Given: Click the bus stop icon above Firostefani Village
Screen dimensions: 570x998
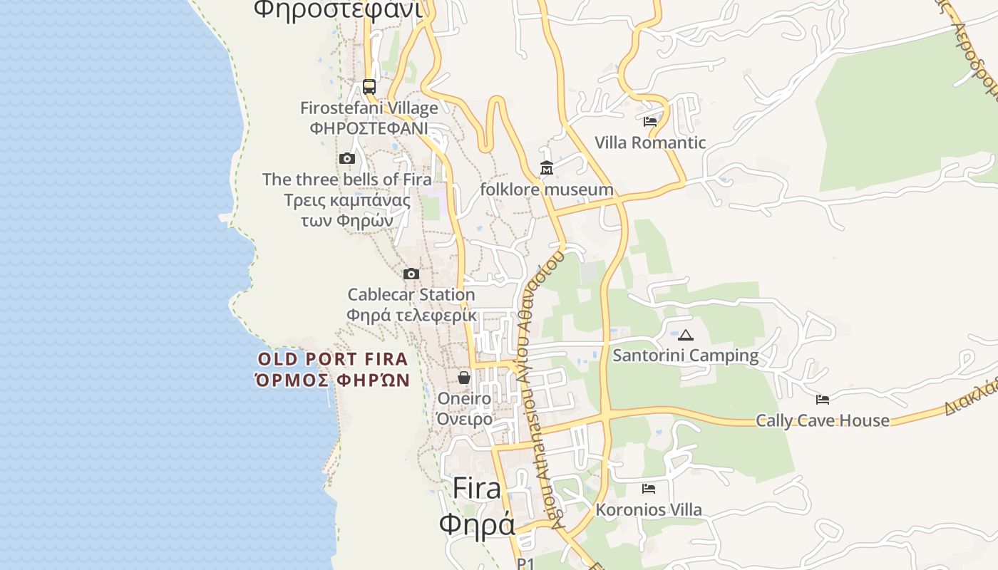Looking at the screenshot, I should click(x=369, y=87).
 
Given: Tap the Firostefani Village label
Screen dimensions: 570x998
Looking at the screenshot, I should click(x=369, y=108).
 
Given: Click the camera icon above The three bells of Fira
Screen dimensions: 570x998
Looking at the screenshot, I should click(x=347, y=158).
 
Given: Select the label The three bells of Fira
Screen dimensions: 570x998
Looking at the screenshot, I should click(x=347, y=180).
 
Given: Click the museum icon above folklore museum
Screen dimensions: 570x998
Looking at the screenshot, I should click(x=547, y=168).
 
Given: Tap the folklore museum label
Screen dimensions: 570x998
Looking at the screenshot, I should click(x=547, y=190).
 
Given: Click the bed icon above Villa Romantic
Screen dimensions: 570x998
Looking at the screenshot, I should click(x=650, y=122).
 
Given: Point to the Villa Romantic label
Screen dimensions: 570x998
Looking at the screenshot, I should click(x=650, y=142).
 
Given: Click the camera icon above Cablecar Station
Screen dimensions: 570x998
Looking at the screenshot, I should click(x=411, y=274).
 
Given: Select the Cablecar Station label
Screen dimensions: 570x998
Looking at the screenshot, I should click(x=411, y=295).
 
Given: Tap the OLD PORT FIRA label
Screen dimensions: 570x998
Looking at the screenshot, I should click(x=333, y=359).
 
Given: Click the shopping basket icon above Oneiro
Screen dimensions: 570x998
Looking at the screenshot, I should click(x=464, y=378).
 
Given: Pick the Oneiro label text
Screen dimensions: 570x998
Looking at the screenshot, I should click(x=464, y=398).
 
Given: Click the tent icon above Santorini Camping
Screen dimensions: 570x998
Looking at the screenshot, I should click(x=686, y=335).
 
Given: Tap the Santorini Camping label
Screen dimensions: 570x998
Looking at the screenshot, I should click(x=686, y=355).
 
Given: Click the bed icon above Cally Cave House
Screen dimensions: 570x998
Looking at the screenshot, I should click(x=823, y=400).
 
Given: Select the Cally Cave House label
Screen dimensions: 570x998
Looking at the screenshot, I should click(x=823, y=420).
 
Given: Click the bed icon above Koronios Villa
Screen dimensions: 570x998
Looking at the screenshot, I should click(x=649, y=489).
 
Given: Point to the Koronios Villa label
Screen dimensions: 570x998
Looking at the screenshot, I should click(x=649, y=510).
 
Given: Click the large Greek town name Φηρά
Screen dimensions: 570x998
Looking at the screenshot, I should click(x=476, y=525).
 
